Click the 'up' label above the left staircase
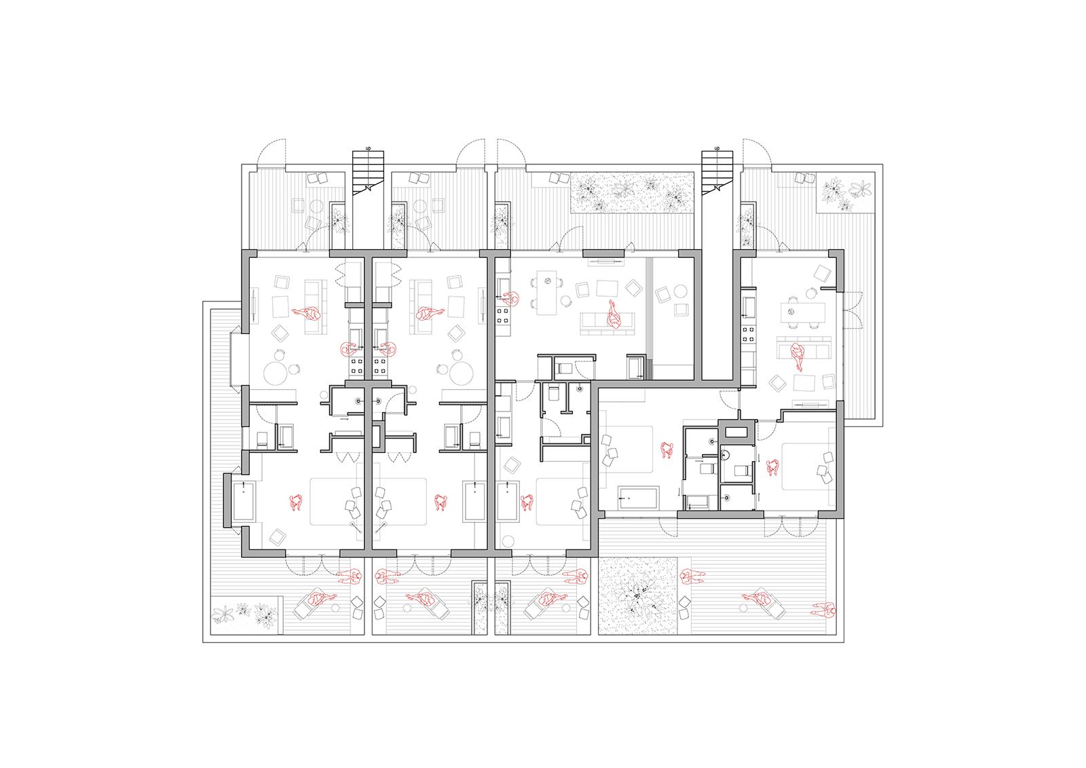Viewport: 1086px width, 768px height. pyautogui.click(x=368, y=148)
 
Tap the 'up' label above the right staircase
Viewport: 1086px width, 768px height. pyautogui.click(x=717, y=148)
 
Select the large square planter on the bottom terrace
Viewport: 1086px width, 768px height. pyautogui.click(x=638, y=596)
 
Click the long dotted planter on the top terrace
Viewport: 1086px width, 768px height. pyautogui.click(x=632, y=193)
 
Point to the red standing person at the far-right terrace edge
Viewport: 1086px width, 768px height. pyautogui.click(x=824, y=610)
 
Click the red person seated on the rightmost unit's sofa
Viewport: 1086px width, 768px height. pyautogui.click(x=797, y=356)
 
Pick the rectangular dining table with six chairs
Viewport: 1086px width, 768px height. pyautogui.click(x=547, y=296)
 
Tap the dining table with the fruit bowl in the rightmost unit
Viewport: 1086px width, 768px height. pyautogui.click(x=802, y=313)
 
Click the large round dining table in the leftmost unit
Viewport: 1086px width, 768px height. pyautogui.click(x=276, y=373)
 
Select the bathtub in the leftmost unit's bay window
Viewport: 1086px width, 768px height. pyautogui.click(x=244, y=501)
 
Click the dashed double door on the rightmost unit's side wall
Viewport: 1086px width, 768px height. pyautogui.click(x=853, y=310)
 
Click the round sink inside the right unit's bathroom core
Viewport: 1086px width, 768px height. pyautogui.click(x=725, y=456)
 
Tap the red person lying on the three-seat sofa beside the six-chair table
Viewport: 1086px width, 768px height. pyautogui.click(x=614, y=314)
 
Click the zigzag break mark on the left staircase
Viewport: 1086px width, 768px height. pyautogui.click(x=368, y=186)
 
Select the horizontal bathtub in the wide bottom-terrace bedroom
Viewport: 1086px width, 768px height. pyautogui.click(x=638, y=498)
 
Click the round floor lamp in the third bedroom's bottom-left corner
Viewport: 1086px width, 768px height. pyautogui.click(x=508, y=541)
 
